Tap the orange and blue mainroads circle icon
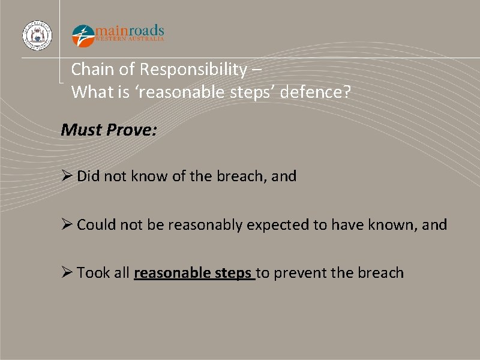pos(83,35)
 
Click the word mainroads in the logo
pos(130,30)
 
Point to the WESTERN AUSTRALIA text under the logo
pos(130,40)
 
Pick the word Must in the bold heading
pos(81,130)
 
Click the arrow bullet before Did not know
pos(67,176)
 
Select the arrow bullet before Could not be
pos(67,225)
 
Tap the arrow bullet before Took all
pos(67,273)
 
